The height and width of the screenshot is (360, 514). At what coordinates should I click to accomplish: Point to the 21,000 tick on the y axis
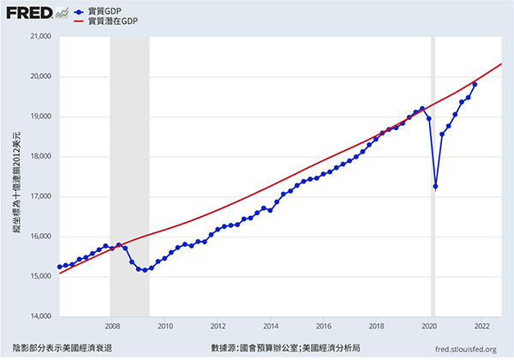tap(40, 37)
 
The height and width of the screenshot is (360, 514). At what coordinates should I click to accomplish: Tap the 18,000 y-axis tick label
tap(40, 157)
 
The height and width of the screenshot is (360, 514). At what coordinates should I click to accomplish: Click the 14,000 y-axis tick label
tap(40, 316)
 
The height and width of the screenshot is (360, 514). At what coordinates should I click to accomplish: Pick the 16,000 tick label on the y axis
tap(40, 237)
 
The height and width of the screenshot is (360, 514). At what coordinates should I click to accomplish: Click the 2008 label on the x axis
tap(111, 327)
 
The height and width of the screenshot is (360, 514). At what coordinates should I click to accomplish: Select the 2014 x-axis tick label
tap(270, 327)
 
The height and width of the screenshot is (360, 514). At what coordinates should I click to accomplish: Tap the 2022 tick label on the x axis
tap(481, 327)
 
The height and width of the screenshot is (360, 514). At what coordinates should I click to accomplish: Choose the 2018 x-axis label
tap(376, 327)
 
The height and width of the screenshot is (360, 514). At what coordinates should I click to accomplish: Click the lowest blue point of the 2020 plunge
tap(436, 187)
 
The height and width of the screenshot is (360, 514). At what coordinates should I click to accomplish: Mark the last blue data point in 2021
tap(475, 84)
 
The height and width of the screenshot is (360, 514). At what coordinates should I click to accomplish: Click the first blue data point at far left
tap(60, 267)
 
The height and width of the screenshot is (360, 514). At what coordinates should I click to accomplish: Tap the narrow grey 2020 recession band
tap(433, 171)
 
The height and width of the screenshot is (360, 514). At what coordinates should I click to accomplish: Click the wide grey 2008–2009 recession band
tap(129, 171)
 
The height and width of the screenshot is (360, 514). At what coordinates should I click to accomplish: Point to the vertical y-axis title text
tap(16, 177)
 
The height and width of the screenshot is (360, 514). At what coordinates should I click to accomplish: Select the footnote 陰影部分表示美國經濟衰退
tap(63, 348)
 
